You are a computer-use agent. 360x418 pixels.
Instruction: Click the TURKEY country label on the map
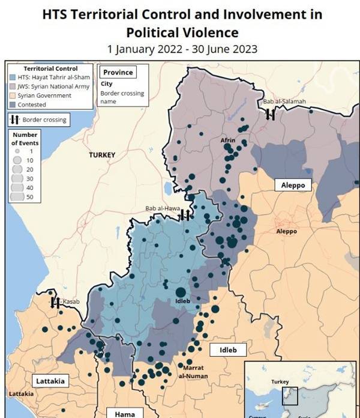102,155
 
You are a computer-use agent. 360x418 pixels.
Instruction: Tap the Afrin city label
228,141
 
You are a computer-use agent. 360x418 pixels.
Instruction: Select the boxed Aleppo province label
293,185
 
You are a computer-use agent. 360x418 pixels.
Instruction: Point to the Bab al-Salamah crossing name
284,101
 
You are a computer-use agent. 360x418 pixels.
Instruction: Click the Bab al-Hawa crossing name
163,209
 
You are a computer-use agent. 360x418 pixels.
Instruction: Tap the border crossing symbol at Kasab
55,302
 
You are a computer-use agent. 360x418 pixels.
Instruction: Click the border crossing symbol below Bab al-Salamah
271,114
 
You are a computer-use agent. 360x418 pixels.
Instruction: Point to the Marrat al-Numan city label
191,372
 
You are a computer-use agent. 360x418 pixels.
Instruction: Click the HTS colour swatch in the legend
13,77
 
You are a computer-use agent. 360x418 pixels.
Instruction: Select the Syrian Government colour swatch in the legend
13,95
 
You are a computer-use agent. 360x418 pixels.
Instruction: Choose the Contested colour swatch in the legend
13,104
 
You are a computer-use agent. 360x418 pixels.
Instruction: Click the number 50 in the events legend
29,197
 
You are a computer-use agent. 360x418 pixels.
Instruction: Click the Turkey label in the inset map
280,382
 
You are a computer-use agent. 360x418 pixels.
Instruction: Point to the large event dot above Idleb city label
181,292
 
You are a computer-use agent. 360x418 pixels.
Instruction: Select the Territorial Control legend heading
50,68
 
